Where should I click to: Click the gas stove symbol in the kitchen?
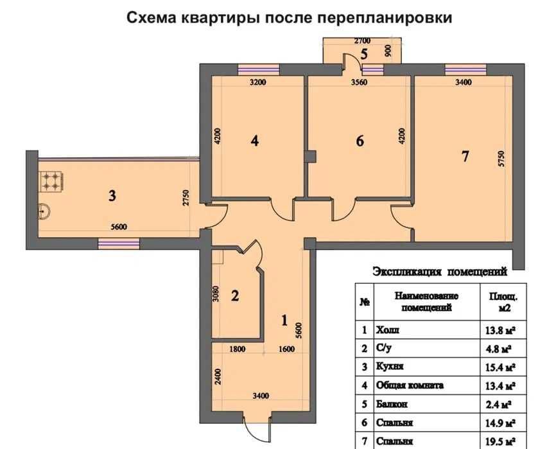(52, 181)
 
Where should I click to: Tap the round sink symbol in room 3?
(44, 212)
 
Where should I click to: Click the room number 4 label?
(255, 141)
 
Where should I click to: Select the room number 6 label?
(360, 141)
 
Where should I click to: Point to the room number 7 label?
(465, 155)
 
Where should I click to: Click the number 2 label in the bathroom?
(235, 295)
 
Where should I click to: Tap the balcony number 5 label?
(364, 55)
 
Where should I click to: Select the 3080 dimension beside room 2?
(216, 294)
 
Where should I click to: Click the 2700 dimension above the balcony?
(362, 40)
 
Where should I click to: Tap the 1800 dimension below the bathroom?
(237, 349)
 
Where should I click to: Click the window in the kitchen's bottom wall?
(119, 243)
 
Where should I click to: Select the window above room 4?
(259, 69)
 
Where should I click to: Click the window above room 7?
(465, 69)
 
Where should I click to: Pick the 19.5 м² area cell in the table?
(500, 442)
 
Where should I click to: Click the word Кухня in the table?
(390, 366)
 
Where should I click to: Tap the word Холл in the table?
(387, 330)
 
